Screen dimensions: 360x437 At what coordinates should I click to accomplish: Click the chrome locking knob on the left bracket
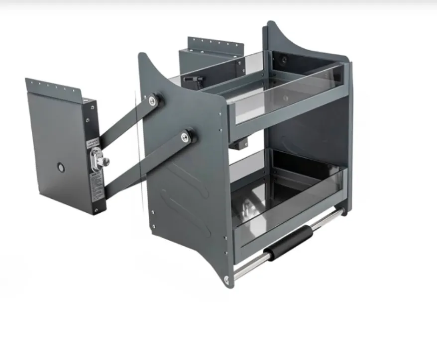pos(103,160)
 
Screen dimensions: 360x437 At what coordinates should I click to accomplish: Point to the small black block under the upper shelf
pos(239,145)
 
